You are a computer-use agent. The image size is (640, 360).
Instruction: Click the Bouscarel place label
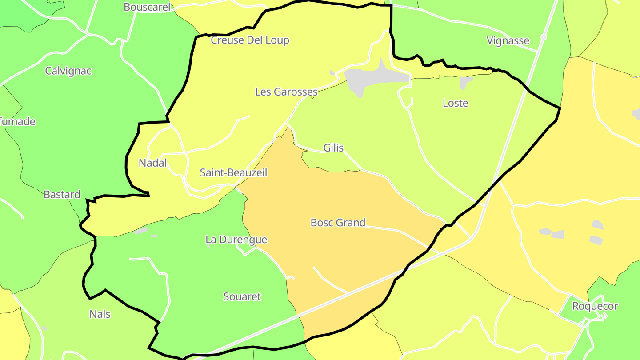click(x=147, y=7)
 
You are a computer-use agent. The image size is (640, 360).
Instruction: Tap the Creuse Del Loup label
click(x=250, y=40)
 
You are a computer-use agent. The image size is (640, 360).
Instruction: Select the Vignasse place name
click(x=508, y=41)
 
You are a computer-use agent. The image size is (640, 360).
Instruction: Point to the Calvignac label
click(x=68, y=71)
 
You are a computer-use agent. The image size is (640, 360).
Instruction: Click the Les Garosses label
click(x=286, y=92)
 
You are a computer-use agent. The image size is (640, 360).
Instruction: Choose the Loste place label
click(x=456, y=103)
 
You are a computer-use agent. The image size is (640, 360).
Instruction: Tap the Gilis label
click(x=333, y=148)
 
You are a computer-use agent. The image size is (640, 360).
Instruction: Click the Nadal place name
click(x=152, y=163)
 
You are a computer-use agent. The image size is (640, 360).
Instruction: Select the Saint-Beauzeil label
click(x=233, y=172)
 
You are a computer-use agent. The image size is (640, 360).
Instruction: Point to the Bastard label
click(x=62, y=194)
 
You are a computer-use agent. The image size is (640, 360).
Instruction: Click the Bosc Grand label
click(x=338, y=223)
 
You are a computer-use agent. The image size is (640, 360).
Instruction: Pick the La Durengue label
click(x=236, y=240)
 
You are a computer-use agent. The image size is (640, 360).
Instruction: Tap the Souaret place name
click(x=242, y=296)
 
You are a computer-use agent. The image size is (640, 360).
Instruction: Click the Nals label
click(x=100, y=314)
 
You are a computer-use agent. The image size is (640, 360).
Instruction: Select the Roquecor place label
click(x=595, y=306)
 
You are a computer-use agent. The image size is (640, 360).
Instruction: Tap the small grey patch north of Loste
click(x=465, y=82)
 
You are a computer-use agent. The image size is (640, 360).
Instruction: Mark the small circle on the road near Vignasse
click(x=543, y=37)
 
